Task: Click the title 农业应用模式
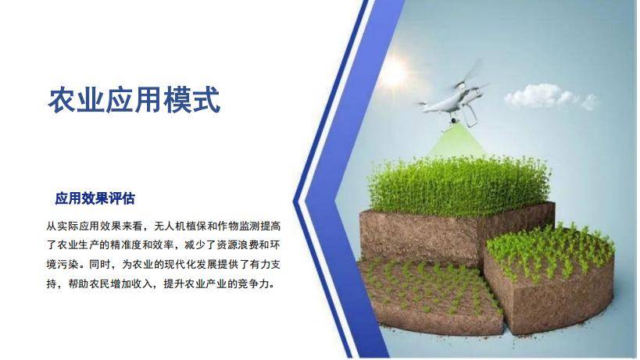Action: coord(134,100)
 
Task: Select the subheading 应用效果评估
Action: coord(95,198)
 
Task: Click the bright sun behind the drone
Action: coord(392,72)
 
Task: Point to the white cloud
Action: coord(551,97)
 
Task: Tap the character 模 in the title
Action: coord(177,100)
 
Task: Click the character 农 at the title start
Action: coord(63,100)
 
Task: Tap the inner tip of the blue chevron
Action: coord(294,201)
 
